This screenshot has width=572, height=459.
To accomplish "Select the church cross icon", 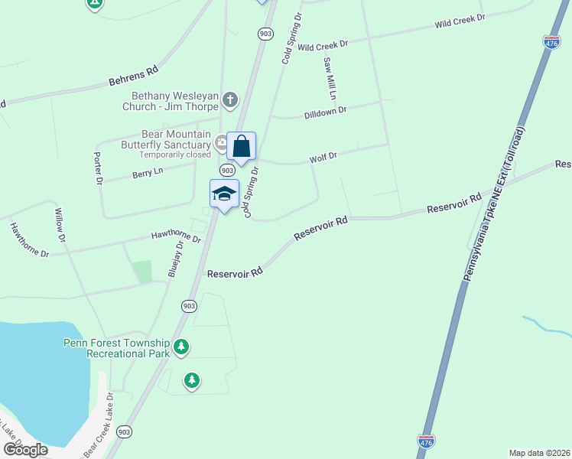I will tap(230, 99).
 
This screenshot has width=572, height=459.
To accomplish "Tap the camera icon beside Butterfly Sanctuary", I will tap(221, 141).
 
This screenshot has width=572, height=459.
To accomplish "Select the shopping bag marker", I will tap(241, 146).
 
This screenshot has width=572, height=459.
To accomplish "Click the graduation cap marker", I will tap(224, 194).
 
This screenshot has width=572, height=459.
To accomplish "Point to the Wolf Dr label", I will tap(323, 158).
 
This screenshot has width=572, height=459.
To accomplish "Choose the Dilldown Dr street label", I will tap(325, 110).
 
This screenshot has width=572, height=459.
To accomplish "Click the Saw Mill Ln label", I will tap(330, 80).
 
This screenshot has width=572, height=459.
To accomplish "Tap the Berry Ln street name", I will tap(148, 173).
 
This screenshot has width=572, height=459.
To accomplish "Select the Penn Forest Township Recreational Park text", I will tap(116, 349).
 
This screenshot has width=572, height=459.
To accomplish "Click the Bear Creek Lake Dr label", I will tap(98, 425).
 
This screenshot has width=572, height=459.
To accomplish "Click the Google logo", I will tap(25, 450).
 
